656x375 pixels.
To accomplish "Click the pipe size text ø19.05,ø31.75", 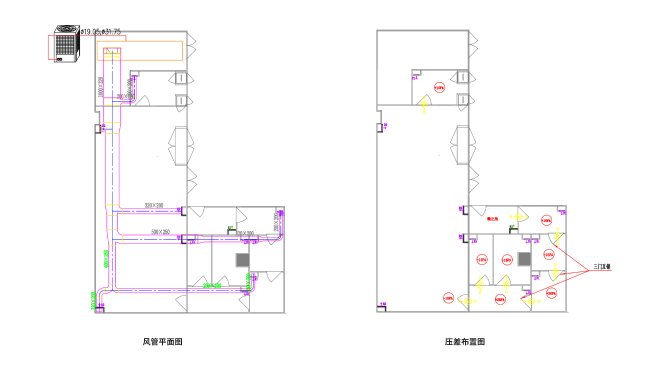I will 100,32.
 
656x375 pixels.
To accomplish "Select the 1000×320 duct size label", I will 100,86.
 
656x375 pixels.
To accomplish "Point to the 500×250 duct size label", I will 160,232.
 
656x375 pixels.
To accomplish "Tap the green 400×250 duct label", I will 106,259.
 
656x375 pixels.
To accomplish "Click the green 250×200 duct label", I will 212,285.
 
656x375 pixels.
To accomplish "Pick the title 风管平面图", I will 162,342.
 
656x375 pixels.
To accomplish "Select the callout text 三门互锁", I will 602,267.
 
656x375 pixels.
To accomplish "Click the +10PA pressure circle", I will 545,220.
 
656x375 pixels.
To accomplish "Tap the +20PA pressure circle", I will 551,293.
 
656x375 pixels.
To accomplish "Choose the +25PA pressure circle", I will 499,299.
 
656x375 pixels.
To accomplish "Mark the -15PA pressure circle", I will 448,298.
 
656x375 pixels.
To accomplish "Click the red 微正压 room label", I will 492,218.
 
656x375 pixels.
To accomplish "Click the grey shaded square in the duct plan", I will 242,259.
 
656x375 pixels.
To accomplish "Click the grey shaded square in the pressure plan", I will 524,258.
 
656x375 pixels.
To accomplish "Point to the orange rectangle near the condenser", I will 140,50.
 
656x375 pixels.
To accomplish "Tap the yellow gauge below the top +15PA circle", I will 424,104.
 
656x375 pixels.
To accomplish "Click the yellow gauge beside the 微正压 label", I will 517,217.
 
